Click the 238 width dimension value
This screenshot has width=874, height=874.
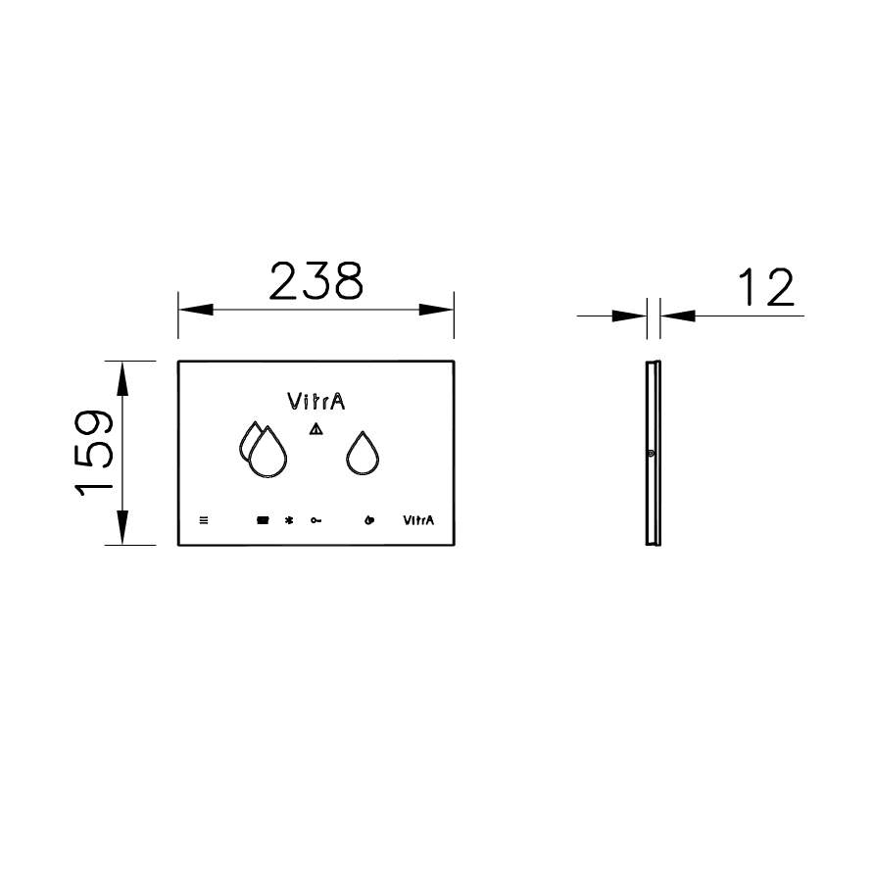point(316,281)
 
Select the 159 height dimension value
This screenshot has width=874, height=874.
point(93,453)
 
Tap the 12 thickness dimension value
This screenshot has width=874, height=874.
point(765,288)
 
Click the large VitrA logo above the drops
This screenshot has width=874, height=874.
point(316,401)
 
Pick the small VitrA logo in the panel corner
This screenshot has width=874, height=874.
point(419,520)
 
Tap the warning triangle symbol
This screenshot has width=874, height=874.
point(316,429)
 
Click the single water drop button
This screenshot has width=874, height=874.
point(364,454)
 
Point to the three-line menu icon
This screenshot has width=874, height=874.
point(204,520)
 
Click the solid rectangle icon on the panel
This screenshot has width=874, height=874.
point(263,520)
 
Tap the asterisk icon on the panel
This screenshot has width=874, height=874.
point(288,520)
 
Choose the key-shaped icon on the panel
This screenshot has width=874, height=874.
point(317,520)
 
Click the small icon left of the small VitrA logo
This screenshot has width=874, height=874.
point(368,520)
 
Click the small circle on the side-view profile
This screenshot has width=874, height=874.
point(651,453)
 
